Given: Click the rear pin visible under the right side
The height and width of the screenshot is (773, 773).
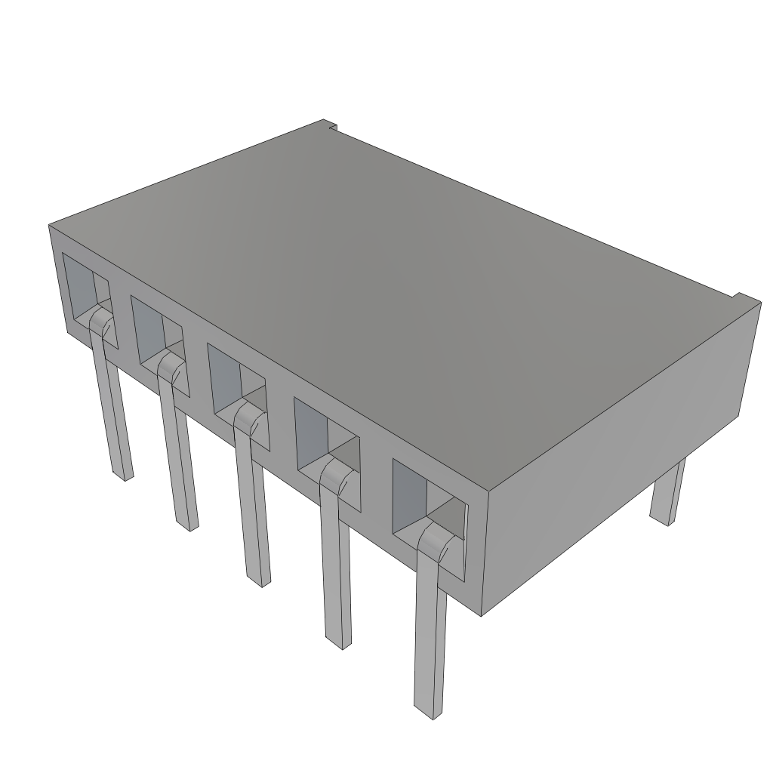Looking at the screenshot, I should (x=667, y=491).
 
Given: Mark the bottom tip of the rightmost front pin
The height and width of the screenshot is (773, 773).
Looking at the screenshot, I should (x=428, y=710).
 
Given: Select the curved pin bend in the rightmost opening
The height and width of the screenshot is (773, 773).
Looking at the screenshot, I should (x=435, y=540).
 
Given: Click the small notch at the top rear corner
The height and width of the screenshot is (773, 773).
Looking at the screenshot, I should (x=329, y=125).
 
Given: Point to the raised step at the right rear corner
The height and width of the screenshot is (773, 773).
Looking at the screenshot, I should (x=744, y=300).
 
